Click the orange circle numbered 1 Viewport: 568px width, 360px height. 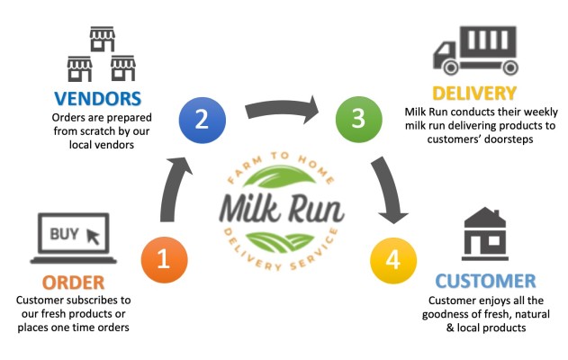coord(164,259)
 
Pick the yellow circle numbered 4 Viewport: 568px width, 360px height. coord(392,260)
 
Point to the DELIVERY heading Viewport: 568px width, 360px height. coord(473,93)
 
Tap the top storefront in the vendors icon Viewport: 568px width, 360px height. coord(102,39)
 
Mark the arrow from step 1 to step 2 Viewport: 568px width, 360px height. coord(172,189)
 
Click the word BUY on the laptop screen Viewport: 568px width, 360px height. coord(64,234)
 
